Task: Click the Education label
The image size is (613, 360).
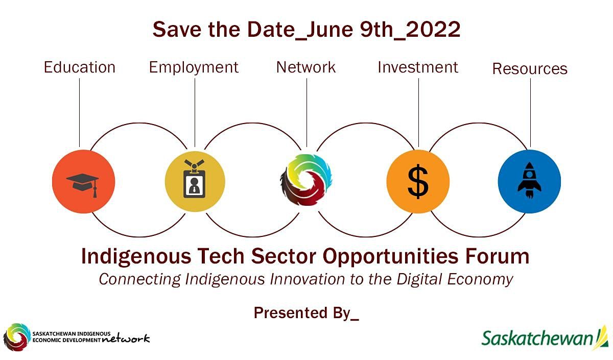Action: tap(80, 67)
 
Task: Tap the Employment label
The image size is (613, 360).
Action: tap(194, 68)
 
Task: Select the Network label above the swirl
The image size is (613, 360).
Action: tap(306, 67)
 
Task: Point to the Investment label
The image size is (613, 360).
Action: tap(418, 67)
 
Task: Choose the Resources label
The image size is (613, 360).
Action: tap(530, 68)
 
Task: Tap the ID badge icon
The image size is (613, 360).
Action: tap(194, 179)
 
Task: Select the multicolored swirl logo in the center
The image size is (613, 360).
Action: tap(306, 180)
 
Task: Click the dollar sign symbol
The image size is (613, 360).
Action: tap(418, 182)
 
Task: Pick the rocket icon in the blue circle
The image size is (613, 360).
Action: tap(530, 180)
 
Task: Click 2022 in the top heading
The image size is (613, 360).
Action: tap(433, 29)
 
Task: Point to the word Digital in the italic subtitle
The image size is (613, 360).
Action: tap(420, 280)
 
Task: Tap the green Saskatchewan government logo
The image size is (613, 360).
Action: tap(545, 338)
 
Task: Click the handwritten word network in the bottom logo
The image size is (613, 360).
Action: tap(126, 339)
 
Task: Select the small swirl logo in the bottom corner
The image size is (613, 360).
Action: tap(17, 337)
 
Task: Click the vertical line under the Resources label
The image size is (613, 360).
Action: tap(530, 113)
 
